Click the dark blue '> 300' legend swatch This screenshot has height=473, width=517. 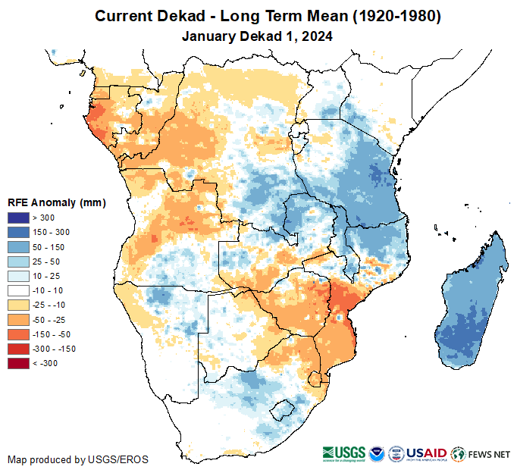pos(19,217)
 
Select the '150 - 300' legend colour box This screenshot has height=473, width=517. pos(19,231)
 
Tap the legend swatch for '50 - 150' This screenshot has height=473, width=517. pos(19,246)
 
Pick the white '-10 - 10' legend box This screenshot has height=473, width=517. pos(19,290)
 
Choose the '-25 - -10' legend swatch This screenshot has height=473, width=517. pos(19,305)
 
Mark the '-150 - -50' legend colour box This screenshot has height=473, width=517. pos(19,334)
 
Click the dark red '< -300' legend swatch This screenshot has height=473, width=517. pos(19,363)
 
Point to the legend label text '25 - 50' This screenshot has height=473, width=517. pos(45,262)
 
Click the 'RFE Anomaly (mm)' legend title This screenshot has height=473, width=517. pos(57,202)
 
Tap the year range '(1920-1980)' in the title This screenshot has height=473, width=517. pos(387,16)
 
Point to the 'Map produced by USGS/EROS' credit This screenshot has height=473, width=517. pos(78,459)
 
